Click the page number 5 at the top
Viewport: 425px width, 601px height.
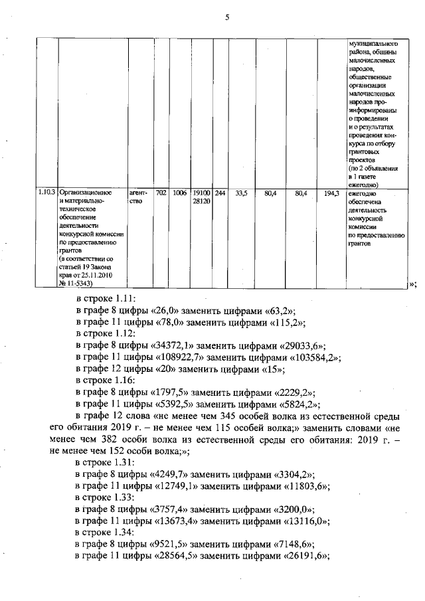[x=226, y=18]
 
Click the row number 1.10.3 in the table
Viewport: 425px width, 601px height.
[x=46, y=193]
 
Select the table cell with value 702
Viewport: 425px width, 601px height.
[x=161, y=193]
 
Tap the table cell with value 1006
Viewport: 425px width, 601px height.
[x=179, y=193]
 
